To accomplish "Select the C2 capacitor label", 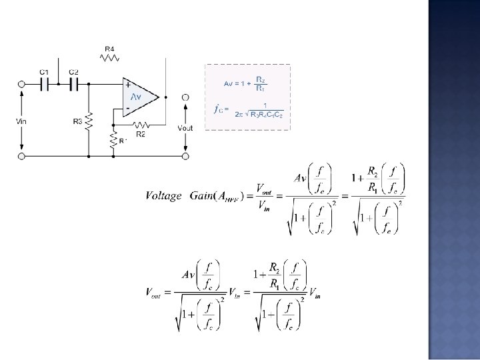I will coord(74,71).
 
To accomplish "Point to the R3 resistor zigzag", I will coord(89,122).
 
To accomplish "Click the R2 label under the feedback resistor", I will coord(141,134).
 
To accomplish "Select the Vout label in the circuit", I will coord(185,127).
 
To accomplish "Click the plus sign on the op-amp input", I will coord(127,85).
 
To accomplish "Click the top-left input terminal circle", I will coord(22,85).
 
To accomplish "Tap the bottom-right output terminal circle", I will coord(185,156).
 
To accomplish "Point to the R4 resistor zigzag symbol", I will coord(109,59).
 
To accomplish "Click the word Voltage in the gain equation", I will coord(163,195).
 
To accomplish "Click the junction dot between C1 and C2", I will coord(59,85).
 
